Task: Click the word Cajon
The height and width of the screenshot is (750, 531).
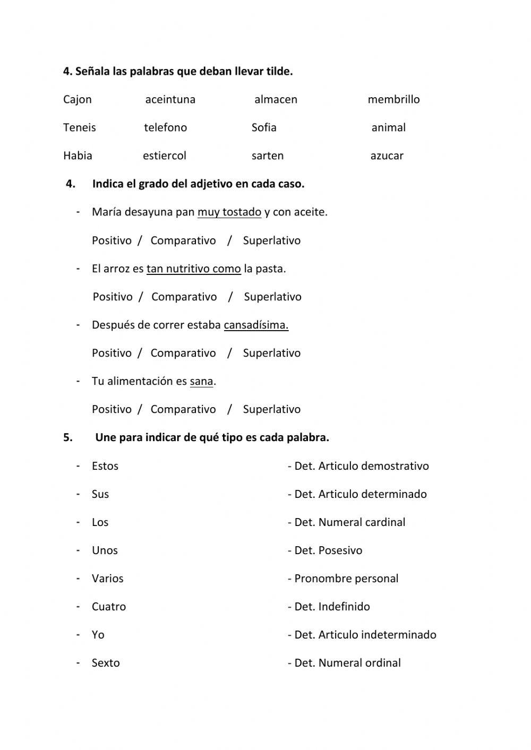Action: (x=78, y=100)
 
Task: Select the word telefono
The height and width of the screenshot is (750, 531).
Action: (x=165, y=128)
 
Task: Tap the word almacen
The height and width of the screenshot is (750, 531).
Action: (x=276, y=100)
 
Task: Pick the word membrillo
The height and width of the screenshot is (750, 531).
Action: (x=393, y=100)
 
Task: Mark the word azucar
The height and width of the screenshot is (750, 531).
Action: (x=387, y=156)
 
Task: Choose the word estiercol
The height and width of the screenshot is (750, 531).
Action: (x=165, y=156)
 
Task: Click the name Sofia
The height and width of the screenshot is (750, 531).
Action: (x=264, y=128)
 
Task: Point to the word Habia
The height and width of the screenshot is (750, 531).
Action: (x=78, y=156)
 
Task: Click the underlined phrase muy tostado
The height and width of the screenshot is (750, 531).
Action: (x=229, y=212)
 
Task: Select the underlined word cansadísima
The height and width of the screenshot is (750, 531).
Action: (x=256, y=325)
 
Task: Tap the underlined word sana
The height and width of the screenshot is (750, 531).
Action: (x=201, y=381)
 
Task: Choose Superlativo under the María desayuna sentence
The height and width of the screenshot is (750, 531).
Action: (x=271, y=240)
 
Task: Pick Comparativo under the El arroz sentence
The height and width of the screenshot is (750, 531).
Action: (x=184, y=297)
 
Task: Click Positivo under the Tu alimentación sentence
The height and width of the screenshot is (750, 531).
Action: (x=112, y=409)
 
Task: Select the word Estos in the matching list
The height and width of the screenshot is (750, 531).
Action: (x=105, y=466)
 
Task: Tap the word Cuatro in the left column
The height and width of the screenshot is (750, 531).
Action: (x=109, y=607)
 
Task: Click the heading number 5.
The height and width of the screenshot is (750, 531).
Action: (x=67, y=438)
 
